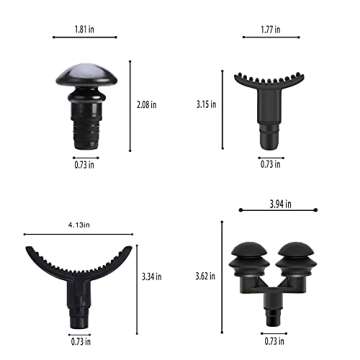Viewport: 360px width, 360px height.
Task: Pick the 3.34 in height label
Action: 153,275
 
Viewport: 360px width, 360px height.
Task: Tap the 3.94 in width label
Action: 282,203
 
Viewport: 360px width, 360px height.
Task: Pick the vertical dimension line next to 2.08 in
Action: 130,102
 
